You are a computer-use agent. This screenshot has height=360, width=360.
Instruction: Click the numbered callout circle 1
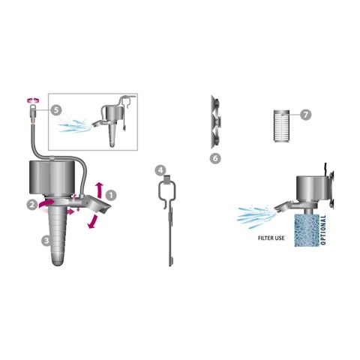[x=111, y=196]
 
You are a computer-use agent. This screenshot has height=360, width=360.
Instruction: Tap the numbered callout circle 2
[x=32, y=205]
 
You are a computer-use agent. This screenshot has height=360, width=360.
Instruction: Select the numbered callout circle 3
[x=46, y=241]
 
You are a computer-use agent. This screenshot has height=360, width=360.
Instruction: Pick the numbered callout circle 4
[x=160, y=170]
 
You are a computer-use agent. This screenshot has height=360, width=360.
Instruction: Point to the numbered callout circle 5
[x=56, y=110]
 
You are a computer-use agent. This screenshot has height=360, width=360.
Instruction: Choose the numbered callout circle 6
[x=215, y=158]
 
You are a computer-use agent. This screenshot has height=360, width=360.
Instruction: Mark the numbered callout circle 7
[x=306, y=115]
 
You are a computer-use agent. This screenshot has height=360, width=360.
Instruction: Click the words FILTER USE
[x=271, y=238]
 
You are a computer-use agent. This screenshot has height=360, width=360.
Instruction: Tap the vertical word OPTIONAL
[x=323, y=230]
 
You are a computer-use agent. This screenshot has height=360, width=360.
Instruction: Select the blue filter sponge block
[x=307, y=230]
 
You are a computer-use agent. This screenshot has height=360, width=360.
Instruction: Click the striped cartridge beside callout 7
[x=281, y=126]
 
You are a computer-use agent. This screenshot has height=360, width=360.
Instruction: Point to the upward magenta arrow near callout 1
[x=100, y=190]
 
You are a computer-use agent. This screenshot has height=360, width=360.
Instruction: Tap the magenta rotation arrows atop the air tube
[x=33, y=100]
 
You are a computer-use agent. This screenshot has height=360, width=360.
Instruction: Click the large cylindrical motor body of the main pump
[x=52, y=177]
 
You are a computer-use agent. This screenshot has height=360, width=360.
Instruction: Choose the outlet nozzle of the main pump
[x=96, y=204]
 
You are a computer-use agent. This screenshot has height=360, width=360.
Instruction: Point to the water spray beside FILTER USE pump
[x=254, y=216]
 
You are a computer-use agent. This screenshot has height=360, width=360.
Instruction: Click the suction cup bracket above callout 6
[x=215, y=121]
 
